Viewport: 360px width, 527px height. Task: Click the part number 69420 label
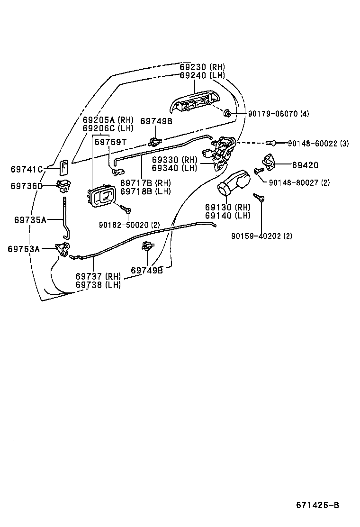[x=305, y=165]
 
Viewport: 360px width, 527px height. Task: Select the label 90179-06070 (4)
[x=271, y=114]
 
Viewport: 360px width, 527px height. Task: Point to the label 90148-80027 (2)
[x=299, y=182]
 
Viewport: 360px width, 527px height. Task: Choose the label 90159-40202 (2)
[x=261, y=236]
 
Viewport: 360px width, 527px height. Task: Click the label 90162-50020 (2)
[x=129, y=225]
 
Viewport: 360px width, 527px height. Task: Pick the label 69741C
[x=27, y=169]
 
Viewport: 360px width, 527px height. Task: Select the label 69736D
[x=27, y=186]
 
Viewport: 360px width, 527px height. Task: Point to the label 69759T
[x=110, y=141]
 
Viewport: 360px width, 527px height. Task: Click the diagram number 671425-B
[x=317, y=505]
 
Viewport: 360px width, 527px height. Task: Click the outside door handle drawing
[x=196, y=102]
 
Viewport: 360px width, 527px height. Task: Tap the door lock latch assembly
[x=220, y=152]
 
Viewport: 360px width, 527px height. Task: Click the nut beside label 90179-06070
[x=227, y=113]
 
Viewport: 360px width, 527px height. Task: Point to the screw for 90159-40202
[x=259, y=197]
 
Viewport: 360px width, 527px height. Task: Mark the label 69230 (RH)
[x=202, y=67]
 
